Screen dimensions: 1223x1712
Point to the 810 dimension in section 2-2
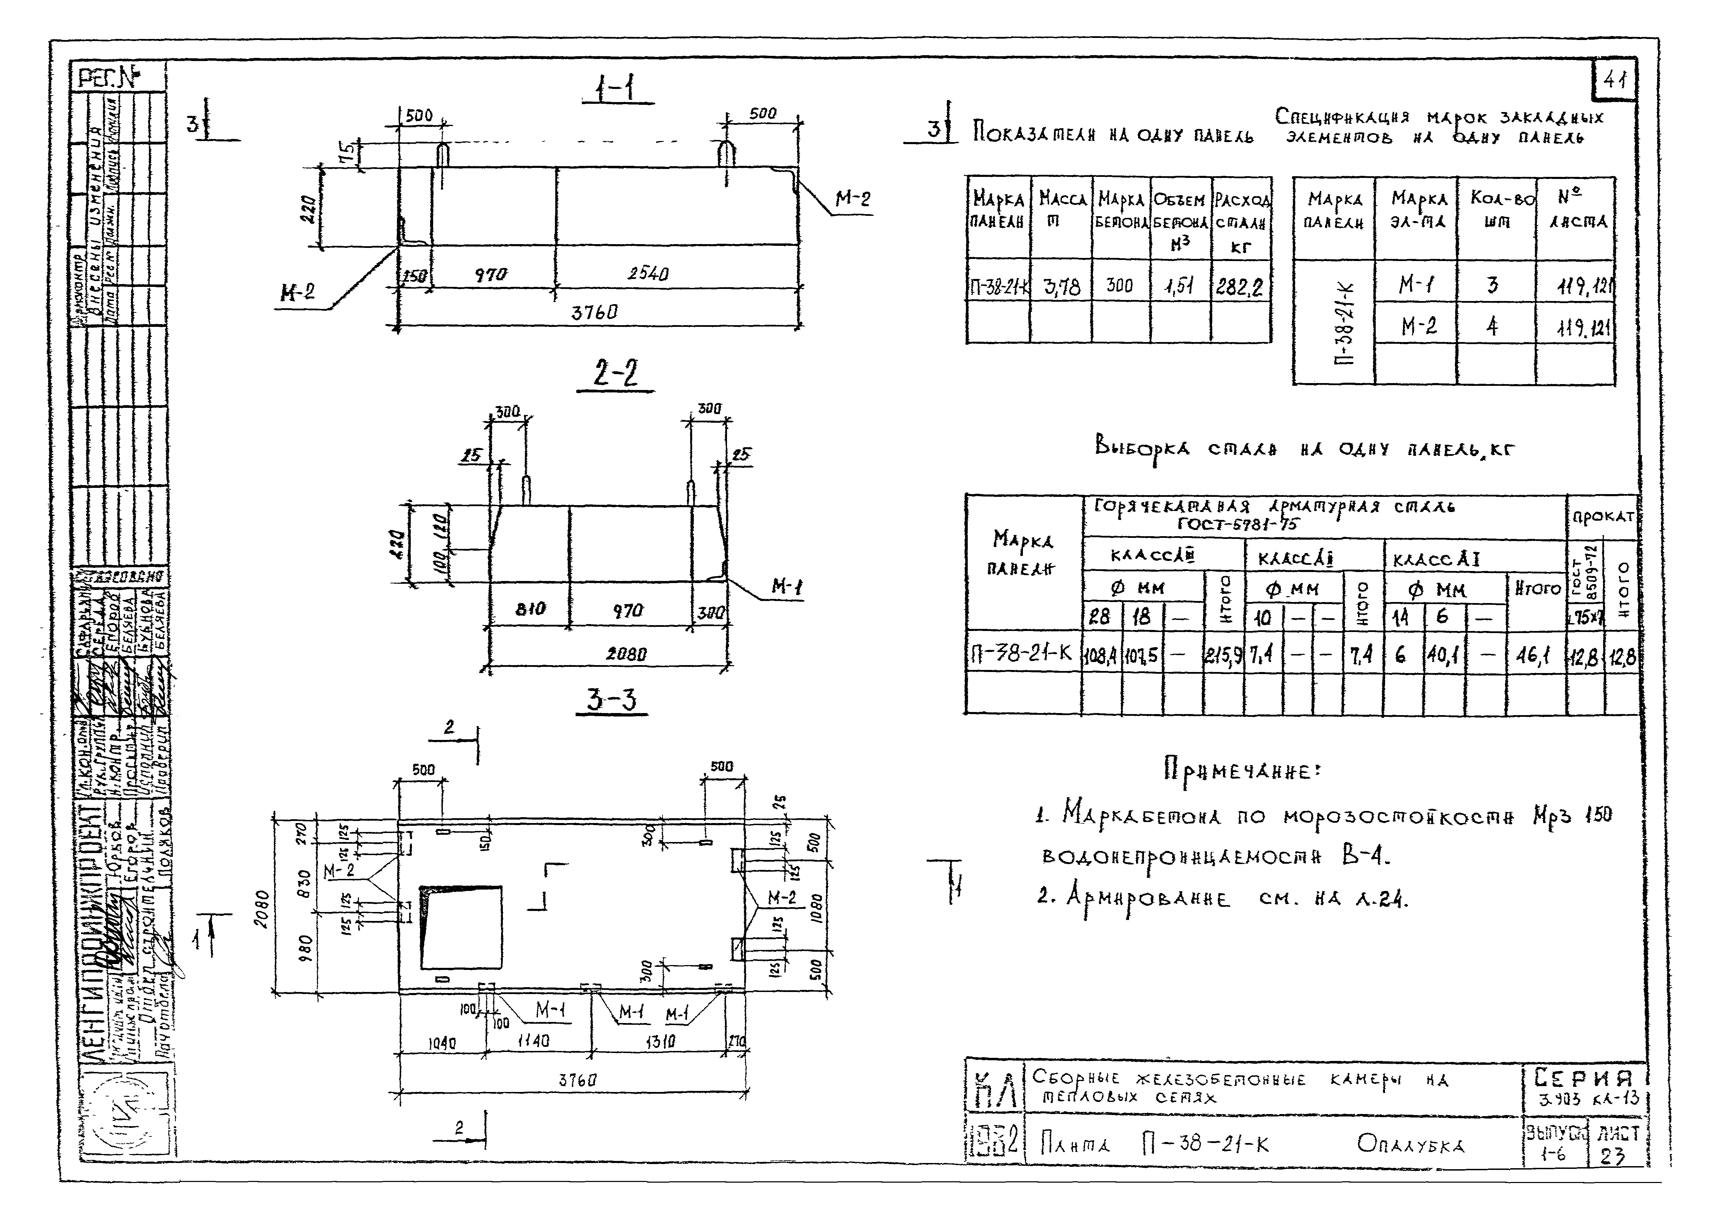point(530,610)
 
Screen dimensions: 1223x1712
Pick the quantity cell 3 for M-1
point(1492,285)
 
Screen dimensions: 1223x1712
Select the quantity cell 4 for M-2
point(1492,326)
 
